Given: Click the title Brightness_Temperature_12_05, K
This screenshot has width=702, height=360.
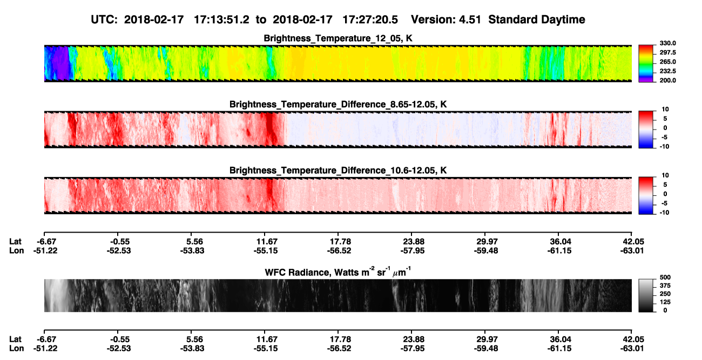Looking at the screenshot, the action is pyautogui.click(x=338, y=38).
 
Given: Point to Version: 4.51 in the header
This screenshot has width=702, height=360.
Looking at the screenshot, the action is pyautogui.click(x=446, y=19).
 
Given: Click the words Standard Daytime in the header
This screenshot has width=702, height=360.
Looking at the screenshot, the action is pyautogui.click(x=537, y=19).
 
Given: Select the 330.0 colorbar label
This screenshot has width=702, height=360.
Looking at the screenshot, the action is pyautogui.click(x=667, y=43).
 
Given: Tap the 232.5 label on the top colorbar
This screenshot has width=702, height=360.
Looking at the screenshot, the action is pyautogui.click(x=667, y=71).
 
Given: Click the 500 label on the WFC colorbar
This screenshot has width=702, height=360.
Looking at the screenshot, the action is pyautogui.click(x=665, y=277).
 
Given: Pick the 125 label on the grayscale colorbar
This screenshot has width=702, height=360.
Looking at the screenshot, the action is pyautogui.click(x=665, y=302).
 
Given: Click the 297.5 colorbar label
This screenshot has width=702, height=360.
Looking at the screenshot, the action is pyautogui.click(x=667, y=53).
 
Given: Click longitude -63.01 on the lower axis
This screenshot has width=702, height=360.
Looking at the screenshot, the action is pyautogui.click(x=632, y=349).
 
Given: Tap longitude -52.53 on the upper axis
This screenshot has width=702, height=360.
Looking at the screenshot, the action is pyautogui.click(x=118, y=250).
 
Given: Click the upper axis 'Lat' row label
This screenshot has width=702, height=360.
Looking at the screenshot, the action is pyautogui.click(x=15, y=242).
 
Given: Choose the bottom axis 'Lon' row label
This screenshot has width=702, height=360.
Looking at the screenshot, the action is pyautogui.click(x=17, y=349).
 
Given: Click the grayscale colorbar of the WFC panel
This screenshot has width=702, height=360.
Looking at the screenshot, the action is pyautogui.click(x=646, y=295).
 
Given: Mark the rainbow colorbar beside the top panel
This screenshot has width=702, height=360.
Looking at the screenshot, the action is pyautogui.click(x=646, y=64).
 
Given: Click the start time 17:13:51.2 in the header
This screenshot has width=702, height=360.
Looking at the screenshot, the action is pyautogui.click(x=221, y=19).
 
